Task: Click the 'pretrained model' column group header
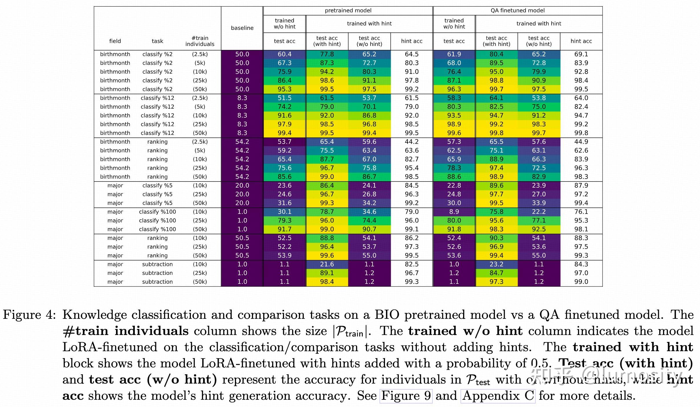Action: [x=348, y=11]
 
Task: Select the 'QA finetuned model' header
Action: [x=517, y=11]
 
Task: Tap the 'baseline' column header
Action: [x=242, y=28]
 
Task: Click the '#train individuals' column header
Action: [x=200, y=41]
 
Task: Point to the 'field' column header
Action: [x=115, y=41]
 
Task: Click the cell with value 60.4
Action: [x=285, y=54]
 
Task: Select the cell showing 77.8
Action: [x=327, y=54]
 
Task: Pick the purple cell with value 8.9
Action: [x=454, y=212]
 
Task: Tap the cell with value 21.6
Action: [x=327, y=264]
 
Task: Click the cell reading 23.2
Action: [x=496, y=264]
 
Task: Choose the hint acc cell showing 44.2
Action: [x=412, y=142]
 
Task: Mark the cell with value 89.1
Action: [x=327, y=273]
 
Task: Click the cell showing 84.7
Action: [x=496, y=273]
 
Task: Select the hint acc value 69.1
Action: [x=581, y=54]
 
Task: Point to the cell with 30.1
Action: [x=285, y=212]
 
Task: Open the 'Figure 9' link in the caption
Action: [x=406, y=396]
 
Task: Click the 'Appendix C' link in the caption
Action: [x=498, y=396]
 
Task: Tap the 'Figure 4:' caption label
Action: [x=29, y=315]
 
